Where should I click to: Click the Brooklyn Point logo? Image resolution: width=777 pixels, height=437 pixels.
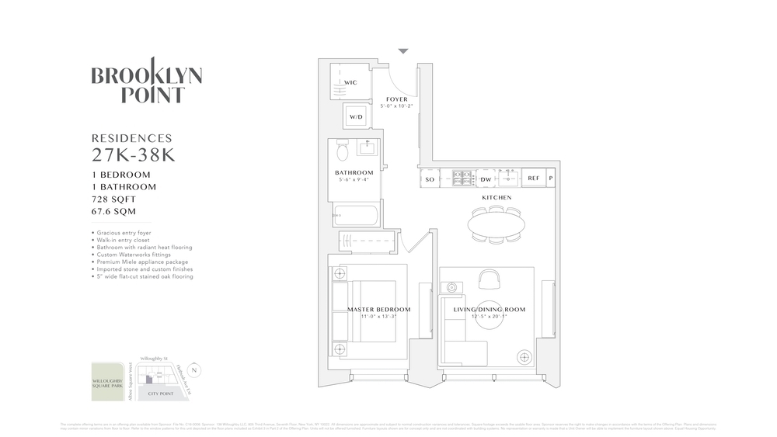pos(147,82)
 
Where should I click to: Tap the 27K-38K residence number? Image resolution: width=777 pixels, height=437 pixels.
pos(133,154)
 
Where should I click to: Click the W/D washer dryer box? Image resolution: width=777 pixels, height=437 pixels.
pos(356,117)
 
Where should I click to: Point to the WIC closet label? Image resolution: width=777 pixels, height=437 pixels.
pos(350,82)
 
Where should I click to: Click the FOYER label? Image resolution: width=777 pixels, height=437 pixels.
pos(396,99)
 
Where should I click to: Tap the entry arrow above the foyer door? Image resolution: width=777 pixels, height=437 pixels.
pos(402,51)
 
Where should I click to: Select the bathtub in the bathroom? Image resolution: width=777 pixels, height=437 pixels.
pos(357,215)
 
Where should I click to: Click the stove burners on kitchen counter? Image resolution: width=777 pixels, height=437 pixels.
pos(462,179)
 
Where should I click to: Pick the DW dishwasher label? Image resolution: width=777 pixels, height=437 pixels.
pos(485,179)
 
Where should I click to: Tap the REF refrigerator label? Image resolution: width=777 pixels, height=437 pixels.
pos(533,179)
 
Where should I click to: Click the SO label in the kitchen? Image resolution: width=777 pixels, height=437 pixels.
pos(430,179)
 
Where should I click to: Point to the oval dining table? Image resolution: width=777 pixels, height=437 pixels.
pos(496,224)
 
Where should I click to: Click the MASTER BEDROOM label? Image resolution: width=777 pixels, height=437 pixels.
pos(378,310)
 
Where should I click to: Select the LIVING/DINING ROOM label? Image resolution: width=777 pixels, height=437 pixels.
pos(489,310)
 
